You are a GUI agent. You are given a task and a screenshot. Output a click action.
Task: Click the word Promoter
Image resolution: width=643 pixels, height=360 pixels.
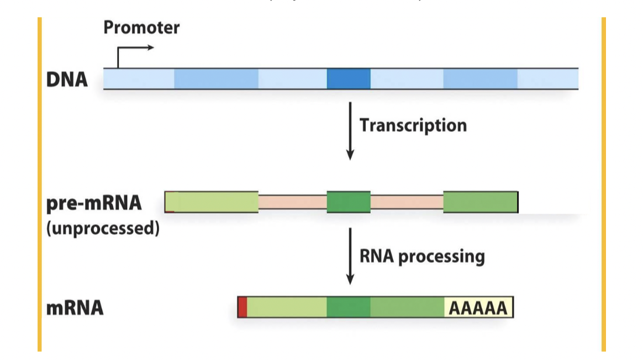click(x=141, y=28)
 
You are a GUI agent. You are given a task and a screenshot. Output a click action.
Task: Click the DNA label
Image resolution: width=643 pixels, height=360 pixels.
click(x=67, y=80)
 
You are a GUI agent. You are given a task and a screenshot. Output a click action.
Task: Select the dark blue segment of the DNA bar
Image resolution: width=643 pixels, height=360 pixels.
click(x=349, y=79)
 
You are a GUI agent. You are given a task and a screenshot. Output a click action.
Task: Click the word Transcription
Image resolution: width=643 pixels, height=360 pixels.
click(x=413, y=125)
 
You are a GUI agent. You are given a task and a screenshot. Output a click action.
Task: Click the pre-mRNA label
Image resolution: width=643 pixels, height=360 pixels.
click(x=94, y=203)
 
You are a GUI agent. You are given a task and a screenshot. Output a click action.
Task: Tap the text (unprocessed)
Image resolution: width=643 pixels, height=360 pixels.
click(x=103, y=227)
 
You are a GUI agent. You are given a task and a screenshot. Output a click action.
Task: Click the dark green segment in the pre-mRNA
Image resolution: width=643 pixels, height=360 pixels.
click(x=349, y=202)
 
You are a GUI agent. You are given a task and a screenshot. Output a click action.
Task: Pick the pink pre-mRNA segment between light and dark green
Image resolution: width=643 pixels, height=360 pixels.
click(x=292, y=202)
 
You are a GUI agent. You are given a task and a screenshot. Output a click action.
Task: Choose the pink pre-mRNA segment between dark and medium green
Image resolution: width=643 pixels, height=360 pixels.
click(x=407, y=202)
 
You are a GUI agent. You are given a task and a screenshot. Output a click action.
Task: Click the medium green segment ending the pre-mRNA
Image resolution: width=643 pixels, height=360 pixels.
click(x=481, y=202)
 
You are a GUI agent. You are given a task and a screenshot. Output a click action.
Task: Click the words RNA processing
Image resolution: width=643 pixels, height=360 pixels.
click(x=422, y=256)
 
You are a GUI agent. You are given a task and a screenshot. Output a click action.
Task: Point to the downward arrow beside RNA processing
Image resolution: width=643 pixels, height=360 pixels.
click(x=349, y=256)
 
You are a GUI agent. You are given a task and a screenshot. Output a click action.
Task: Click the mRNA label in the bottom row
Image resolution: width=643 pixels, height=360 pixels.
click(x=75, y=308)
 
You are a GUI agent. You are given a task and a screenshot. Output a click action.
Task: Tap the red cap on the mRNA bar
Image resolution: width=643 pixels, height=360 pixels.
click(x=242, y=307)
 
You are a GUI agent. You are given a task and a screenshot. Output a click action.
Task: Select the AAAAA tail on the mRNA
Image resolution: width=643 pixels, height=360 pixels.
click(x=478, y=308)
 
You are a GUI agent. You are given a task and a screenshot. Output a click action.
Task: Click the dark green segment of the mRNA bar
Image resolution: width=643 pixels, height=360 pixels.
click(x=349, y=307)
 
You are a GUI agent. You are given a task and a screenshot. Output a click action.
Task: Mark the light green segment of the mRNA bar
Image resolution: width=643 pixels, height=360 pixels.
click(x=286, y=307)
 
